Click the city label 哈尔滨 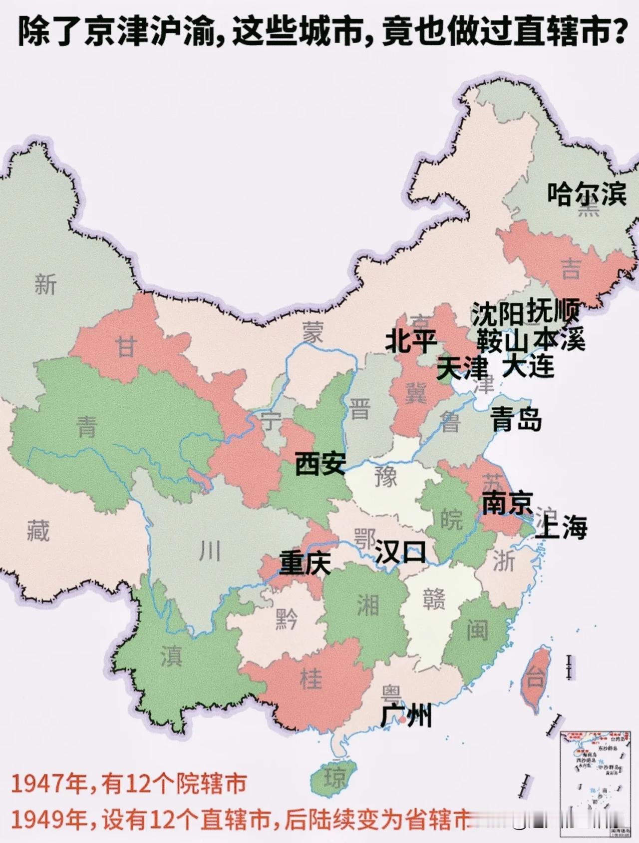[587, 194]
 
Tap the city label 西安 [320, 463]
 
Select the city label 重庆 [305, 563]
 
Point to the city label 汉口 [400, 552]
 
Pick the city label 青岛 [516, 419]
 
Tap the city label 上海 [561, 528]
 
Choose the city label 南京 [507, 504]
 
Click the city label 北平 [411, 341]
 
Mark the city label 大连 [529, 366]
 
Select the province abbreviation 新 [45, 285]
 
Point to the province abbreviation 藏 [38, 530]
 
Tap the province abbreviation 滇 [171, 656]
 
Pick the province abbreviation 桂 [311, 679]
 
